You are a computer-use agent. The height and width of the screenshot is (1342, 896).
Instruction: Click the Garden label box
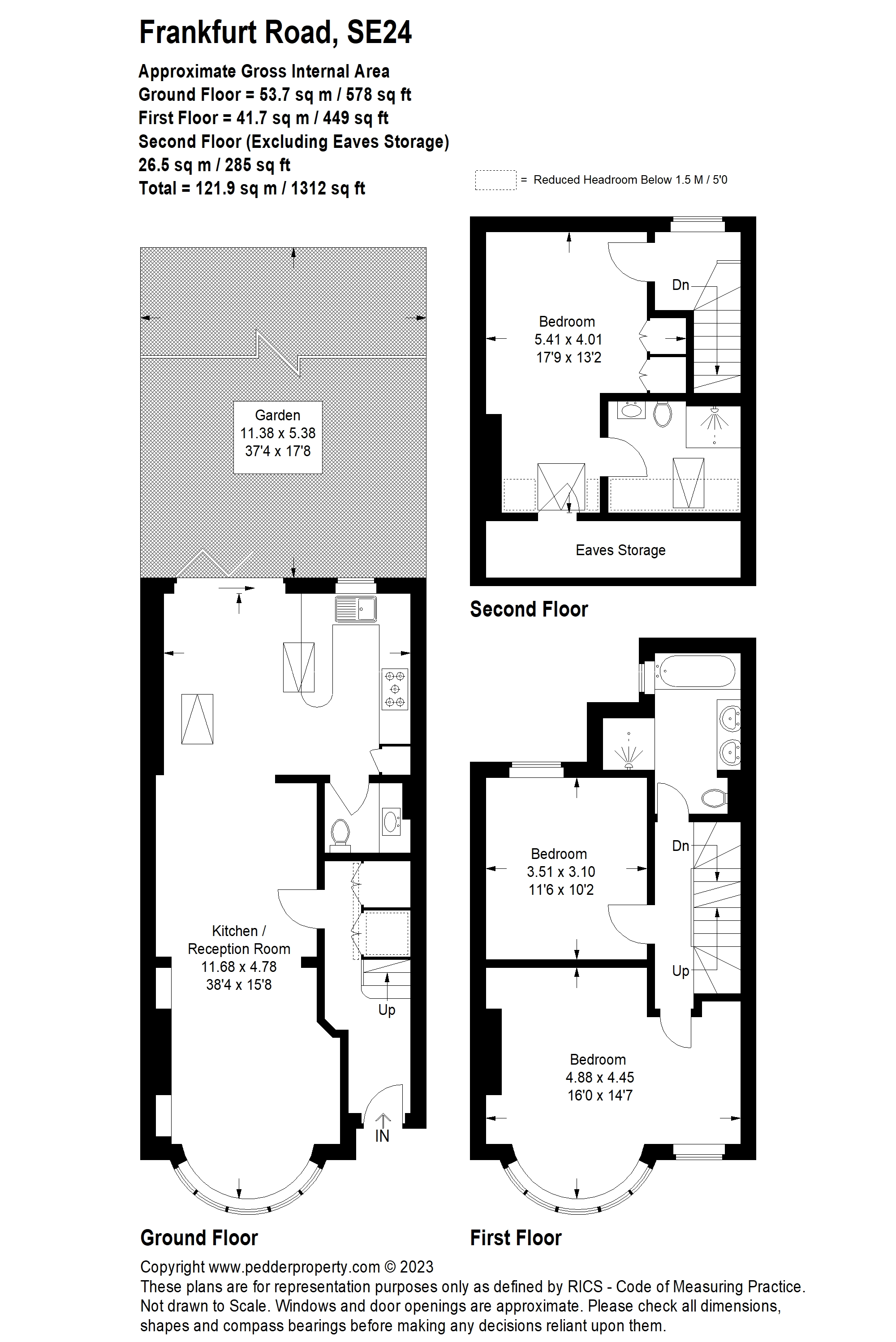[278, 437]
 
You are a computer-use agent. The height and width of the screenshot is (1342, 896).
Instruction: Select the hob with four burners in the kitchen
[395, 689]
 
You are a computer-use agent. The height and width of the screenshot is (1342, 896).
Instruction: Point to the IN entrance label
[382, 1136]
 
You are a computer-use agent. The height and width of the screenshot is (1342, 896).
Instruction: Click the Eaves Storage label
[620, 550]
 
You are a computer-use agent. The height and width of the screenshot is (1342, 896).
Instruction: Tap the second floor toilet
[662, 414]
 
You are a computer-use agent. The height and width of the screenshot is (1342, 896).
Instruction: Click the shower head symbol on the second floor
[714, 417]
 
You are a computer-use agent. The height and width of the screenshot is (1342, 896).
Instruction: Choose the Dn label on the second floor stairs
[681, 285]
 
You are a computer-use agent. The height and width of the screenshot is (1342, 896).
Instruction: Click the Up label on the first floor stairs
[681, 971]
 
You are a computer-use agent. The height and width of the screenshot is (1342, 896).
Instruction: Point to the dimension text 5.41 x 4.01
[568, 340]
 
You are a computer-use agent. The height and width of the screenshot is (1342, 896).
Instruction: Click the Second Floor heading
[529, 609]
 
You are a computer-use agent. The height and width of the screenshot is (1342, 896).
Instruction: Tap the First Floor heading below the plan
[516, 1238]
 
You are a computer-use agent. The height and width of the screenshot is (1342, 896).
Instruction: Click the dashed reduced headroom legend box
[495, 180]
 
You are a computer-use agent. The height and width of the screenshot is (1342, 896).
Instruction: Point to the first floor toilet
[714, 798]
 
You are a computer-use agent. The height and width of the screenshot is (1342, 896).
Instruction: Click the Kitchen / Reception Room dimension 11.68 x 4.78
[239, 967]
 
